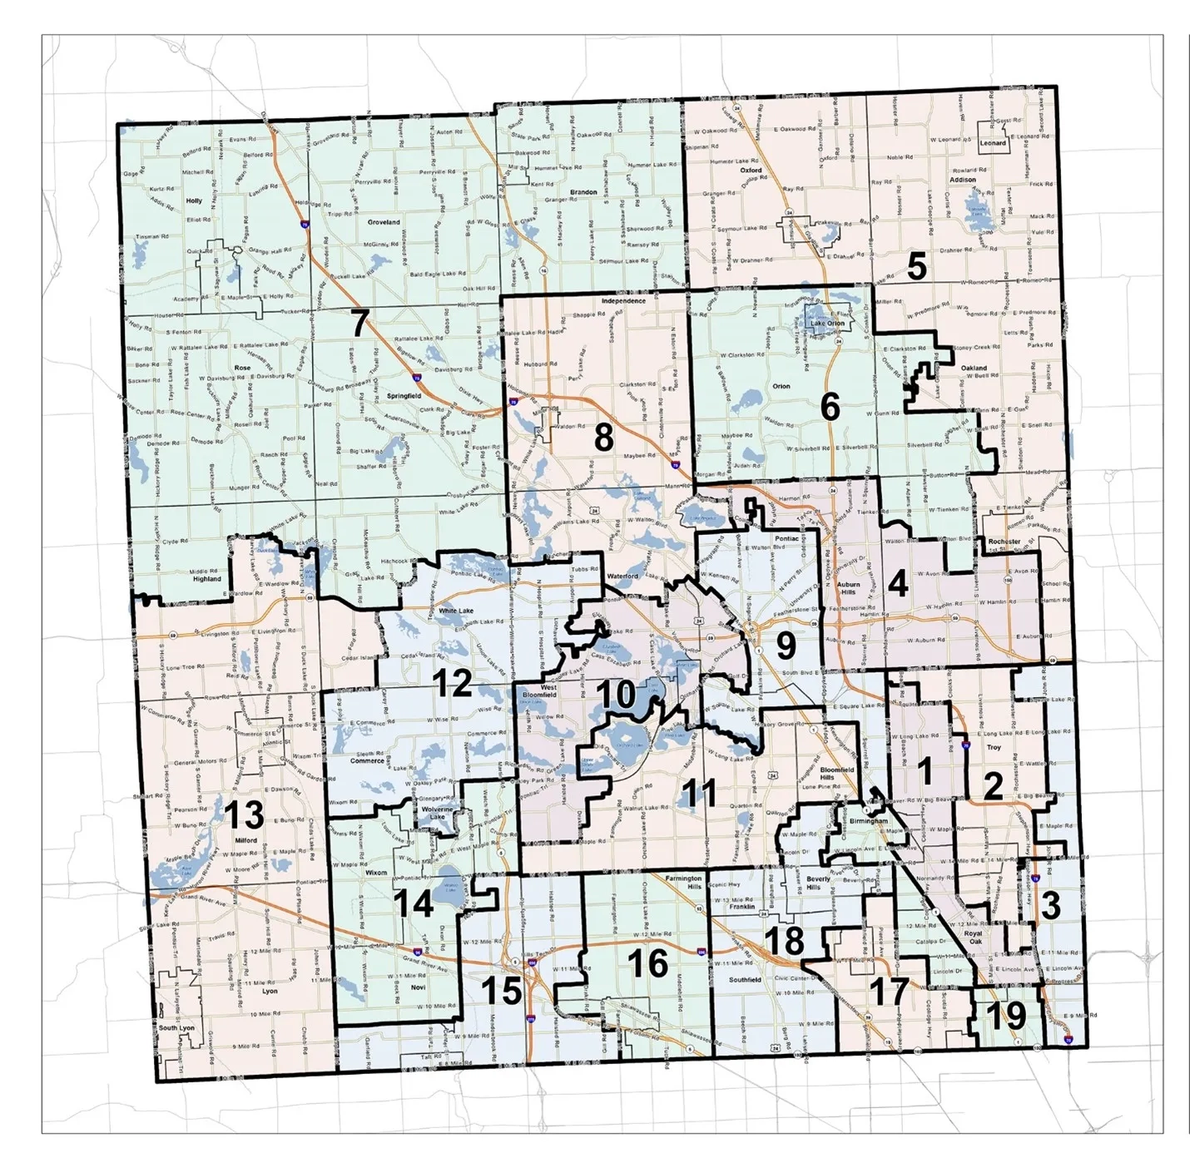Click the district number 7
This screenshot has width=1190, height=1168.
point(359,323)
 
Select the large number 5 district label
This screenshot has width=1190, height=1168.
point(916,267)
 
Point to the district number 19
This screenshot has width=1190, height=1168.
point(1007,1015)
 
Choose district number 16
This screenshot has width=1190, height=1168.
point(647,963)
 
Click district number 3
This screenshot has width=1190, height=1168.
point(1050,904)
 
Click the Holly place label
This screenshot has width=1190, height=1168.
point(194,201)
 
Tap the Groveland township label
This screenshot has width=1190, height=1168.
point(384,222)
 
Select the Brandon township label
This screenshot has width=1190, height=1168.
point(583,192)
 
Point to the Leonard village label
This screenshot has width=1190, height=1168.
point(993,143)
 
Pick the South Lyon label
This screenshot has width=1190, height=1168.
point(176,1028)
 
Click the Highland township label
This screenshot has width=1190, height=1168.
point(207,579)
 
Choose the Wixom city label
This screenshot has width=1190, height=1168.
point(376,873)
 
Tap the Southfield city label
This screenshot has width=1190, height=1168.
point(745,980)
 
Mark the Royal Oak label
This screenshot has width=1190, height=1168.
point(973,938)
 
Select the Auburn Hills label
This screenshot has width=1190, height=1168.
point(849,589)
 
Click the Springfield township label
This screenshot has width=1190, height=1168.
point(404,397)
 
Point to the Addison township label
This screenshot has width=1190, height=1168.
point(963,180)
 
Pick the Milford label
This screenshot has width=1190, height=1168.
point(245,840)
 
